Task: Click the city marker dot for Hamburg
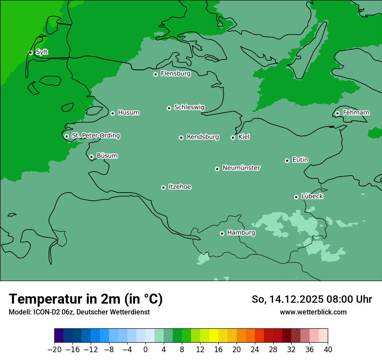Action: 222,233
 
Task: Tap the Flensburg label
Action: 175,74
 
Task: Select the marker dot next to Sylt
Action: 30,52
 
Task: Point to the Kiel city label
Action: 244,137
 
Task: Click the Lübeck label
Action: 312,196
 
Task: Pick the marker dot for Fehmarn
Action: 337,113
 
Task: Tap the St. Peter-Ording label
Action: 95,136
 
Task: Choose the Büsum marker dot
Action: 91,157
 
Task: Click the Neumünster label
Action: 241,168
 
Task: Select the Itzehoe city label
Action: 180,187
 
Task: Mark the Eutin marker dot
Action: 287,160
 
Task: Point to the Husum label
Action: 128,113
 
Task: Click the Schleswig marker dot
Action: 169,108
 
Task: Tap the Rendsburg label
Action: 203,137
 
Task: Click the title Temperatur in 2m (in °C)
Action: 86,299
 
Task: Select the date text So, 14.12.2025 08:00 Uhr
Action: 312,299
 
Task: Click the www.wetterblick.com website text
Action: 313,312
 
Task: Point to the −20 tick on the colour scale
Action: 54,350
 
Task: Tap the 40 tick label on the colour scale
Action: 328,350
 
